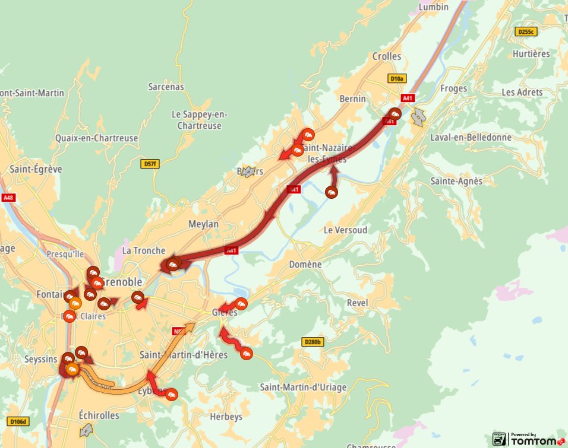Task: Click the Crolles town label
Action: pyautogui.click(x=387, y=56)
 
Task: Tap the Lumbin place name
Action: pyautogui.click(x=434, y=7)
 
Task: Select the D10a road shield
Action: pyautogui.click(x=397, y=78)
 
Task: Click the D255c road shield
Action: pyautogui.click(x=526, y=32)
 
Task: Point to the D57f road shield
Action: pyautogui.click(x=151, y=164)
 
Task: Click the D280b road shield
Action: pyautogui.click(x=313, y=342)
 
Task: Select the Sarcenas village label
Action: pyautogui.click(x=166, y=87)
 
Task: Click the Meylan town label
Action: pyautogui.click(x=203, y=224)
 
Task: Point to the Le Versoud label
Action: pyautogui.click(x=346, y=230)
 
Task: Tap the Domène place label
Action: pyautogui.click(x=305, y=264)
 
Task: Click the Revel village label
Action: pyautogui.click(x=358, y=303)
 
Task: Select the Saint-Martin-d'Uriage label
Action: pyautogui.click(x=303, y=387)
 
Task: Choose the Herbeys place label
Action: pyautogui.click(x=226, y=417)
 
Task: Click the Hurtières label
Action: pyautogui.click(x=531, y=53)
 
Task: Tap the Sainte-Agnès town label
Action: pyautogui.click(x=456, y=181)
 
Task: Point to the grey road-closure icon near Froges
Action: pyautogui.click(x=419, y=117)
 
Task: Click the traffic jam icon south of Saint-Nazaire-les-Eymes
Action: pyautogui.click(x=332, y=192)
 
